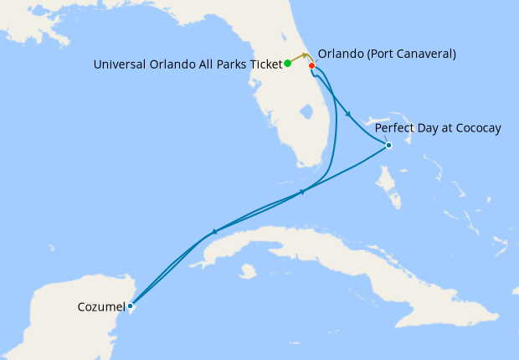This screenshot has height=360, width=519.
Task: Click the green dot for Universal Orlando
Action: click(287, 63)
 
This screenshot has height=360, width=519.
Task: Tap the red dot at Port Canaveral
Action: click(311, 65)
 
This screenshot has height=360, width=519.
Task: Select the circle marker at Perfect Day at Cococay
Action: click(388, 146)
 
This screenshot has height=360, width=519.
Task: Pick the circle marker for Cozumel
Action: click(130, 306)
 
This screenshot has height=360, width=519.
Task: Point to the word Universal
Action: click(118, 64)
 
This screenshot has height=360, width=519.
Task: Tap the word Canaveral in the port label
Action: click(424, 54)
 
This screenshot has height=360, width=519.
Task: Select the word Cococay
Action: click(475, 128)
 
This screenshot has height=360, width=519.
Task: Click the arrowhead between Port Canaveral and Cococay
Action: click(347, 116)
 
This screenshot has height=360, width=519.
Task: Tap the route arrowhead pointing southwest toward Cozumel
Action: click(214, 231)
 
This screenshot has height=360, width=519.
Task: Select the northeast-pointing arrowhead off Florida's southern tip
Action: click(303, 193)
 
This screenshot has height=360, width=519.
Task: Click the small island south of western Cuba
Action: click(246, 271)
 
